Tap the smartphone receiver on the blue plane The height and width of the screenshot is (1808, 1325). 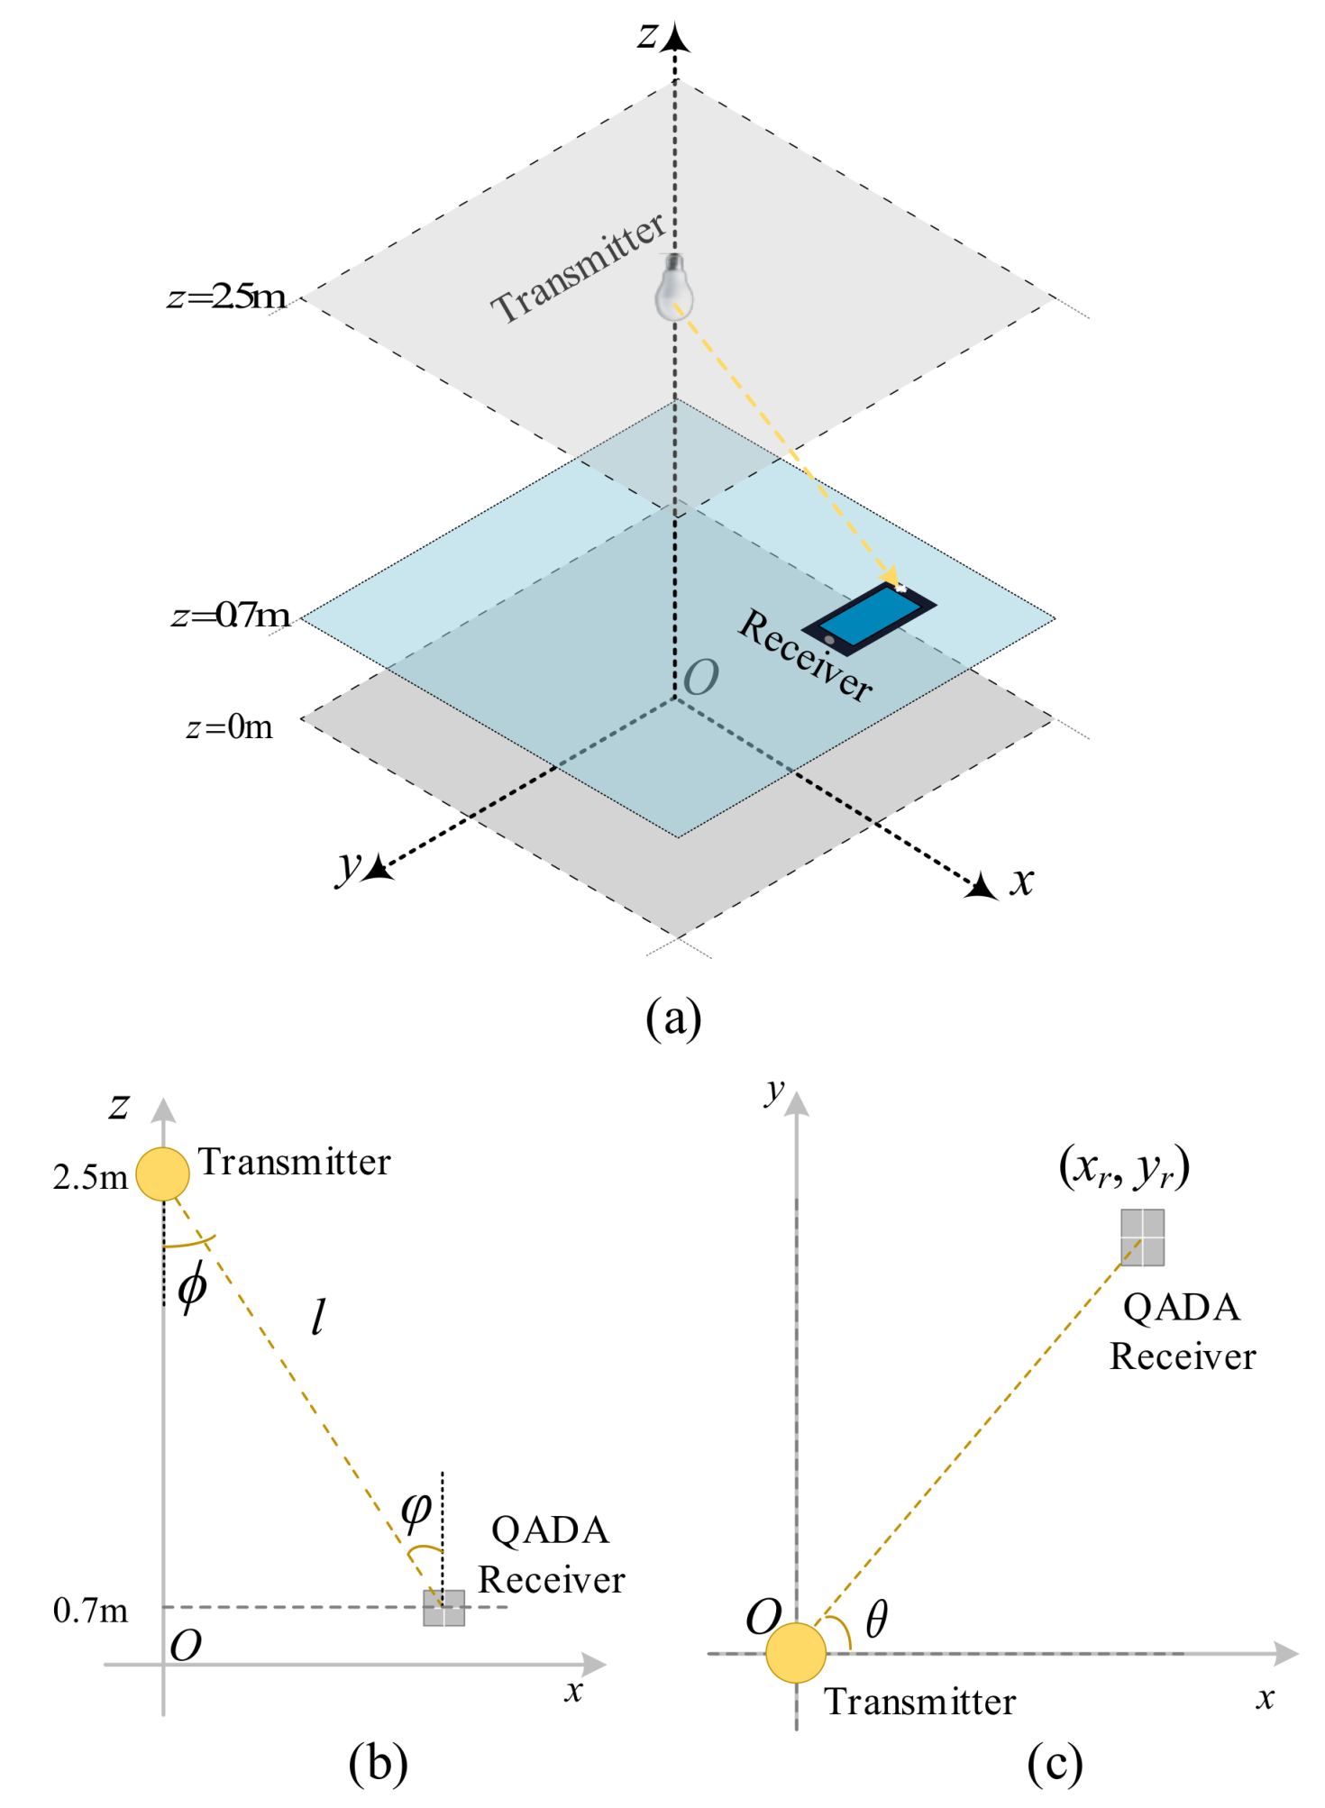click(x=870, y=618)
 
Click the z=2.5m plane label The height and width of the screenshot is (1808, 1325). click(x=227, y=297)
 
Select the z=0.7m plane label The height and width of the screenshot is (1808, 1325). click(x=231, y=616)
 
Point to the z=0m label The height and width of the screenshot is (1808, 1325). click(x=229, y=726)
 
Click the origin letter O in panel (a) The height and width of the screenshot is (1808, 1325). click(x=701, y=678)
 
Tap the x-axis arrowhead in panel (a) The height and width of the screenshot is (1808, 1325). click(x=982, y=887)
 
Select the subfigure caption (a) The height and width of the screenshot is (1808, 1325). click(x=673, y=1018)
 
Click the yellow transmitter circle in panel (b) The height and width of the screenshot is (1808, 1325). click(x=163, y=1174)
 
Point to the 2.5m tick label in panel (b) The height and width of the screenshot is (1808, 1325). click(x=90, y=1178)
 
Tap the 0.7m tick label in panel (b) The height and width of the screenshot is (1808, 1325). click(x=90, y=1611)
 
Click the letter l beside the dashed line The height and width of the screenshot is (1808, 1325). click(x=317, y=1318)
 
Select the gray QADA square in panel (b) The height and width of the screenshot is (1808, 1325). click(x=444, y=1608)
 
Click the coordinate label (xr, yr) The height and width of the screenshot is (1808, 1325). click(x=1124, y=1167)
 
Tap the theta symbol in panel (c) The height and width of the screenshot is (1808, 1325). click(x=876, y=1619)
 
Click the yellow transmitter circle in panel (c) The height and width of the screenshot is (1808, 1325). click(x=796, y=1653)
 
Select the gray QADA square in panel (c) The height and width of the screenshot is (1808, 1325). click(x=1142, y=1237)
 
